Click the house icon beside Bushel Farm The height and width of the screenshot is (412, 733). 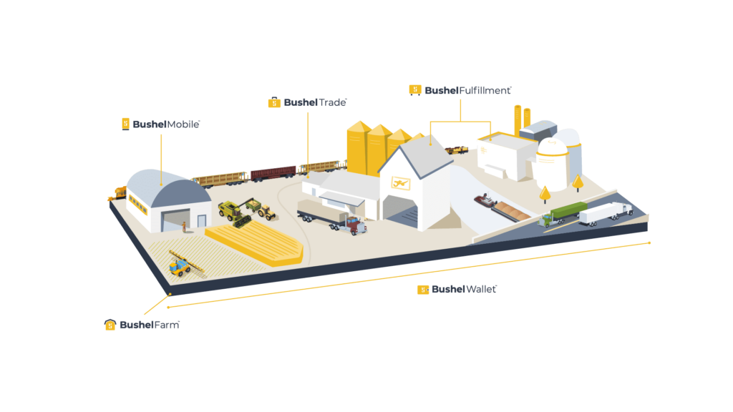tap(110, 325)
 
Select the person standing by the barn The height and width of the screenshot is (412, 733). tap(184, 227)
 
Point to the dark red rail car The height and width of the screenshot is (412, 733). tap(273, 172)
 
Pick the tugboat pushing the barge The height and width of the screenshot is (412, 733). tap(486, 202)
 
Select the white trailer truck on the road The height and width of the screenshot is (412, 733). tap(605, 212)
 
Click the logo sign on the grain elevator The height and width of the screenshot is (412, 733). tap(395, 185)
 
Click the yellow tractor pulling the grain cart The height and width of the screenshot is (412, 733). tap(266, 211)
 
